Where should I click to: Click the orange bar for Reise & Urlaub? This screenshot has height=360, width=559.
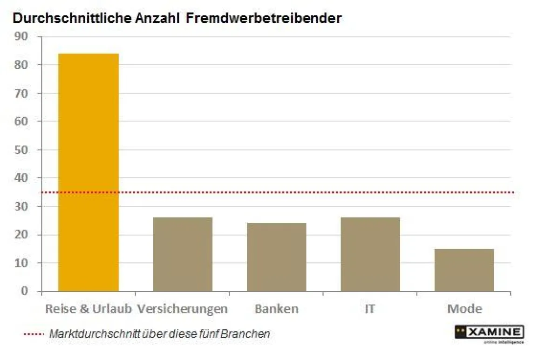[89, 172]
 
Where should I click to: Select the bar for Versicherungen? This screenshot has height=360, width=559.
[183, 254]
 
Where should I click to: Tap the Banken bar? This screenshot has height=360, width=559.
[276, 257]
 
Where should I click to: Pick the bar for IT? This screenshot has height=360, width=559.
[370, 254]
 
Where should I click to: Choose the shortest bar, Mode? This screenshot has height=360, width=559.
[464, 270]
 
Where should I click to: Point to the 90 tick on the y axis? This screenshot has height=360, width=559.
[21, 36]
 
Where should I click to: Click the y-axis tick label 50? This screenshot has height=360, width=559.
[21, 150]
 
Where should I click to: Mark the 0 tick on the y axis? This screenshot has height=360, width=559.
[25, 292]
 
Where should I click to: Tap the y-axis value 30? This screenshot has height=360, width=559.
[21, 206]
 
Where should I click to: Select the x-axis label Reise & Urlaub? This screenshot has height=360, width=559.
[89, 309]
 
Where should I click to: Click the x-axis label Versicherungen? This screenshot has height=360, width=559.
[183, 309]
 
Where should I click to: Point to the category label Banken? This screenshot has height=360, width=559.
[276, 309]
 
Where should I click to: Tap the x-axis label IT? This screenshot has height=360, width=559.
[370, 309]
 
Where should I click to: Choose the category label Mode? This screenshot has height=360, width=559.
[464, 309]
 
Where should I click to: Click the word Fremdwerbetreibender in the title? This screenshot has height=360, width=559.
[264, 19]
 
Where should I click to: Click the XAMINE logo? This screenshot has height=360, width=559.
[489, 333]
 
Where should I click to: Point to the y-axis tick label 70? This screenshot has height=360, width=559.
[21, 93]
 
